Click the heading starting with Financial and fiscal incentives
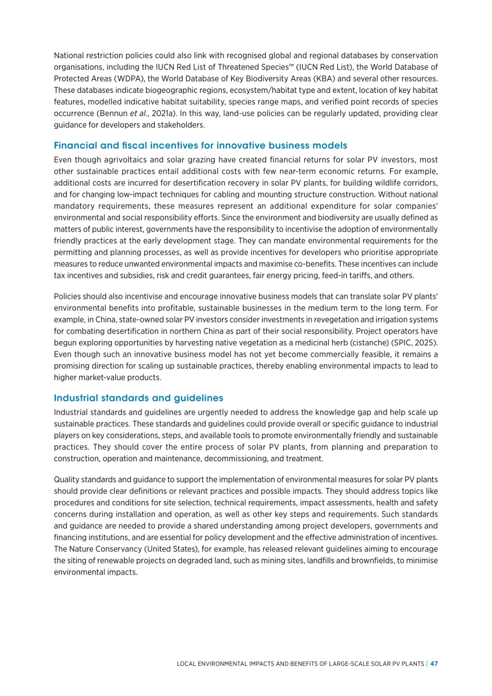tap(200, 145)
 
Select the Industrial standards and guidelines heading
tap(138, 398)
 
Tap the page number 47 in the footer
tap(434, 664)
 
